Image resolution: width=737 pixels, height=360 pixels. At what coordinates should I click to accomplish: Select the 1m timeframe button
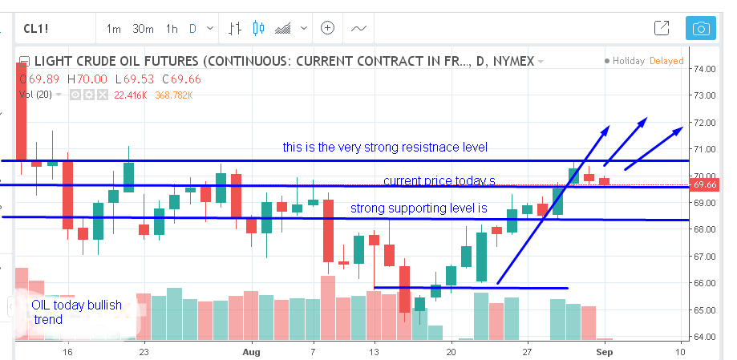113,29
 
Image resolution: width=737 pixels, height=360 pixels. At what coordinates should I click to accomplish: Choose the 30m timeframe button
143,29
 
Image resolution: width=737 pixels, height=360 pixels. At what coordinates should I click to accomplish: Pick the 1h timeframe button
172,29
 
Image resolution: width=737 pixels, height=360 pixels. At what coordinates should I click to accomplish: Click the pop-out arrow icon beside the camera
662,29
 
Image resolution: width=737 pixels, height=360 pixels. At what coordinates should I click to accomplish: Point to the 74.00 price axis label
704,69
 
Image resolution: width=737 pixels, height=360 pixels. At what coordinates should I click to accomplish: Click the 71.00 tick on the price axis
704,149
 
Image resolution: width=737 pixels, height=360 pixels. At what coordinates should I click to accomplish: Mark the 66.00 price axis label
704,283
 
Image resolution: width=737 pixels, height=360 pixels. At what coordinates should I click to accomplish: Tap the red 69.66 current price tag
705,184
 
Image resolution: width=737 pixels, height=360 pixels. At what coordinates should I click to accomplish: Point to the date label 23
144,351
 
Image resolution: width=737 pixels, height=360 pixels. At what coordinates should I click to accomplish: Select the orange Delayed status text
666,61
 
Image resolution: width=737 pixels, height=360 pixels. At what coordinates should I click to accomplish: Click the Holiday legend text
628,61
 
